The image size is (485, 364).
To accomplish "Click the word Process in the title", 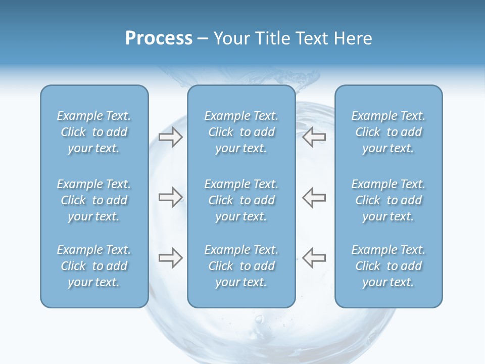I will point(159,38).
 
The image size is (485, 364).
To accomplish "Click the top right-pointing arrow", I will point(170,136).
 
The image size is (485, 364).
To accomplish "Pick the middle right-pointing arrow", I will point(170,197).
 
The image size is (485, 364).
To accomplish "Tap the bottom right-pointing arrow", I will point(170,258).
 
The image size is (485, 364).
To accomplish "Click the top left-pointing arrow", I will point(314,136).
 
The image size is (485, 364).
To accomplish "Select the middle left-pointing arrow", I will point(314,197).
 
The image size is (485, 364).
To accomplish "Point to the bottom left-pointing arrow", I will point(314,258).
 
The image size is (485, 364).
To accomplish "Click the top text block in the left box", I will point(94,132).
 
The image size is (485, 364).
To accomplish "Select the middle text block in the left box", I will point(94,200).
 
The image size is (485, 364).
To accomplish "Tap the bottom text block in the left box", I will point(94,266).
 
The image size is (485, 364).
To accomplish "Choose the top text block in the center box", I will point(241,132).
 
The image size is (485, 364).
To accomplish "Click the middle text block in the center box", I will point(241,200).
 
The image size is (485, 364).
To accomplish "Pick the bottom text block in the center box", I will point(241,266).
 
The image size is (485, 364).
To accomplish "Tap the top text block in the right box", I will point(389,132).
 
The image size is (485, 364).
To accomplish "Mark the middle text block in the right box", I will point(389,200).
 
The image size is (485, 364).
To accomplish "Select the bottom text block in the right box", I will point(389,266).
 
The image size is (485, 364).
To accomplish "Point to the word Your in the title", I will point(230,38).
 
